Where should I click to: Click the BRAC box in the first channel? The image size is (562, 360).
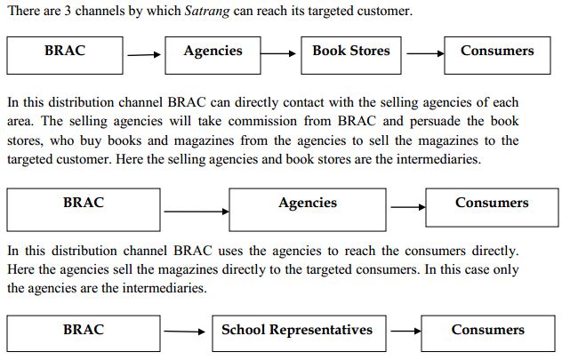[x=64, y=54]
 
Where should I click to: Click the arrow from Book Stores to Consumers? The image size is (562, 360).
[x=422, y=54]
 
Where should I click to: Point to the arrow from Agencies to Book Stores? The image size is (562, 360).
[x=278, y=54]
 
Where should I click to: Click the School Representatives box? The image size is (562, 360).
[x=297, y=332]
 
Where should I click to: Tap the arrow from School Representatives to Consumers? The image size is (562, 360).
[x=404, y=332]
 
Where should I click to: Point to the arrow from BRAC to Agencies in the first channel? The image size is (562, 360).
[x=142, y=54]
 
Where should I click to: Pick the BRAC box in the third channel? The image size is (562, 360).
[x=84, y=332]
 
